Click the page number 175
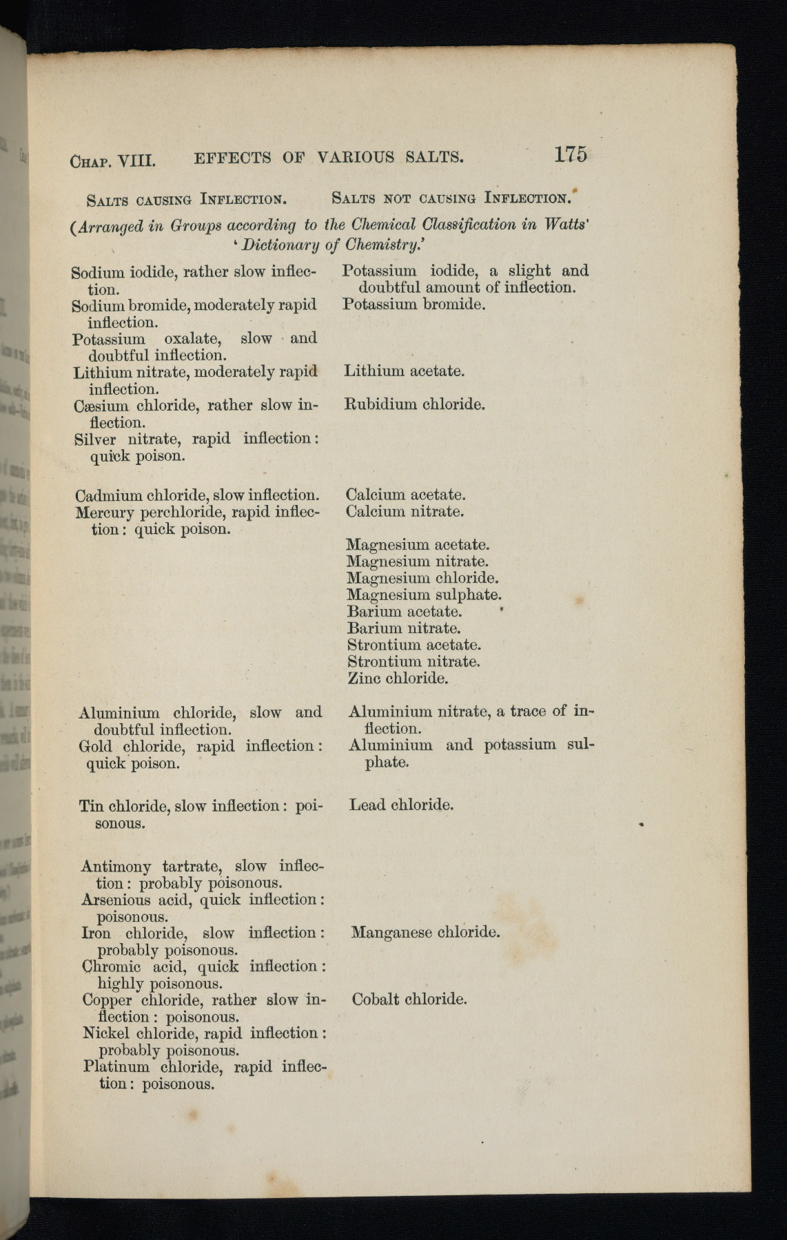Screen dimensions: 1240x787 [570, 154]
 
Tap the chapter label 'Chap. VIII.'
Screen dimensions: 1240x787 [113, 161]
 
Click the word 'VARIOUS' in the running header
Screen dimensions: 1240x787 [356, 158]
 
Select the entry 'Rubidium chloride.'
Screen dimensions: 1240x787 [414, 404]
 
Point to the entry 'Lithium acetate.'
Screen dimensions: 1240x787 [404, 371]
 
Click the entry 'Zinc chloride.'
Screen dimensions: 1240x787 [398, 679]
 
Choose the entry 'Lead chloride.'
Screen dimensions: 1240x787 [401, 805]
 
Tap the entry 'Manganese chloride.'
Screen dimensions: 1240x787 [425, 933]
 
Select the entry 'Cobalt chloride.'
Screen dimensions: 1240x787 [409, 1000]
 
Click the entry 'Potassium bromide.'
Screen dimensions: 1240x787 [413, 304]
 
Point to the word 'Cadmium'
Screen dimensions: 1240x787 [105, 496]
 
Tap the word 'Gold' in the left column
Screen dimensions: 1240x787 [95, 747]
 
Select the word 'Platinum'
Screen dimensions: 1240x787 [116, 1067]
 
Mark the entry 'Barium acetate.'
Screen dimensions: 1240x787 [405, 612]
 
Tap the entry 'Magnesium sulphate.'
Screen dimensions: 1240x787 [424, 595]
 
